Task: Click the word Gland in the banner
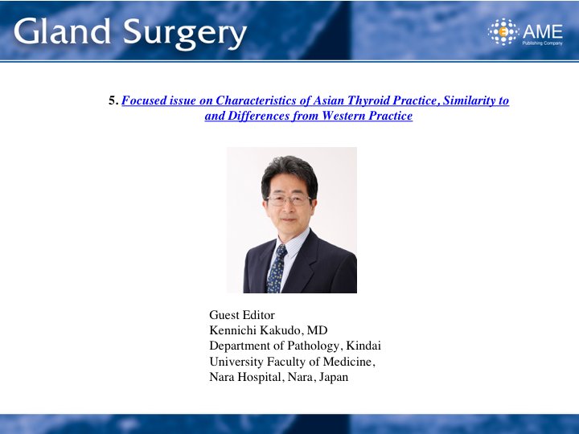(x=62, y=31)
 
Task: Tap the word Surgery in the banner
(x=185, y=34)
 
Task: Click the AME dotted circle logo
(x=503, y=31)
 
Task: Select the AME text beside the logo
(x=543, y=31)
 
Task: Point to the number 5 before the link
(x=113, y=100)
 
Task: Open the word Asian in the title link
(x=329, y=100)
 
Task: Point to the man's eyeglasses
(x=289, y=200)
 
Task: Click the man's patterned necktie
(x=277, y=268)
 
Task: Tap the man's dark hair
(x=289, y=174)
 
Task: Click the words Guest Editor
(x=242, y=315)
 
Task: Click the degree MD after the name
(x=317, y=330)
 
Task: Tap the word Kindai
(x=363, y=346)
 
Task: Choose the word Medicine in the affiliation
(x=348, y=362)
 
